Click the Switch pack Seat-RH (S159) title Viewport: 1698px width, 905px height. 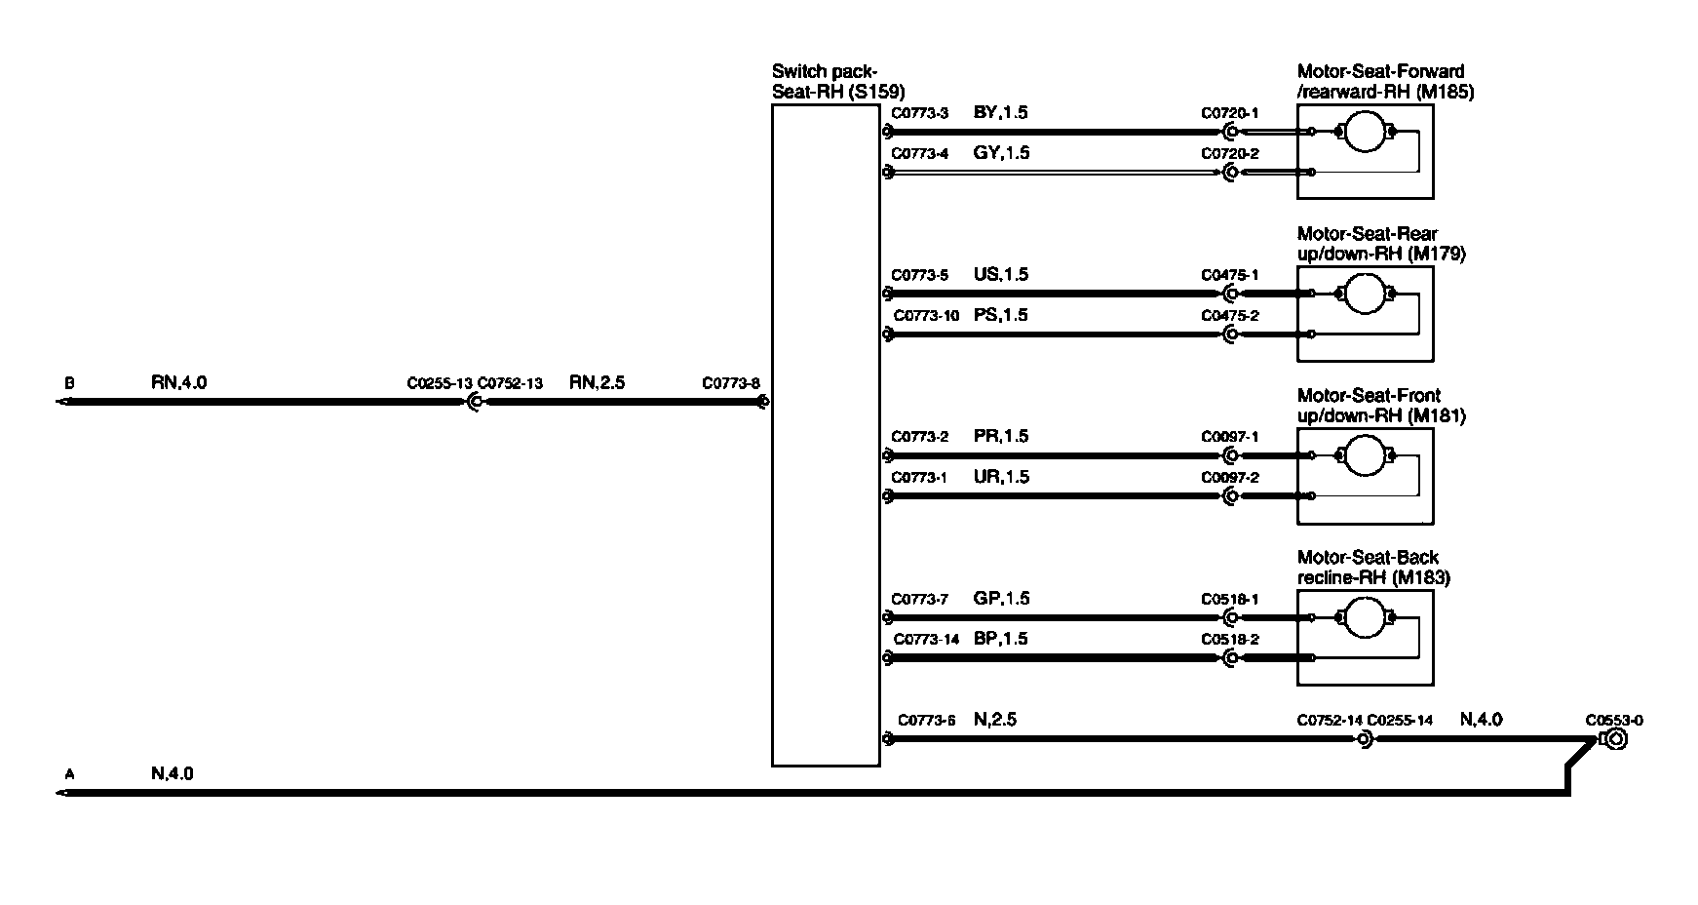837,82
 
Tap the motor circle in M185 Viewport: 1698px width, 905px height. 1365,132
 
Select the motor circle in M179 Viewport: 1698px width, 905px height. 1365,294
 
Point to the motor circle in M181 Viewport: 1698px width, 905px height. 1365,455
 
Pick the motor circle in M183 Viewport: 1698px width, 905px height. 1365,617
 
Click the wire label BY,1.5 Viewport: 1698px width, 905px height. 1000,112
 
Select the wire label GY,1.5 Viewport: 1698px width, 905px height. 1001,153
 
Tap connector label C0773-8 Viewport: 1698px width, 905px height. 730,383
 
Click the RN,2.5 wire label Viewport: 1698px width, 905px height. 597,382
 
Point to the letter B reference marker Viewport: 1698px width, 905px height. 69,383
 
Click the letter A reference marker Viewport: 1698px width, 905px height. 69,774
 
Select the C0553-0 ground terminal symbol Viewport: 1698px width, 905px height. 1614,740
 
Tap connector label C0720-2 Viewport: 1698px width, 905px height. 1229,154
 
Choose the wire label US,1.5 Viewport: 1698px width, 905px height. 1000,274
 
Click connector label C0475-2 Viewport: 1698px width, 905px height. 1229,316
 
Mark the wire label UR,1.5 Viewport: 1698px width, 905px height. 1000,477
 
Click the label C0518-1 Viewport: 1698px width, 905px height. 1229,599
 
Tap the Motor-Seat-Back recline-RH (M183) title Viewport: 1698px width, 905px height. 1372,568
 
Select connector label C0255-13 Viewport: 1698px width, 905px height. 440,383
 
